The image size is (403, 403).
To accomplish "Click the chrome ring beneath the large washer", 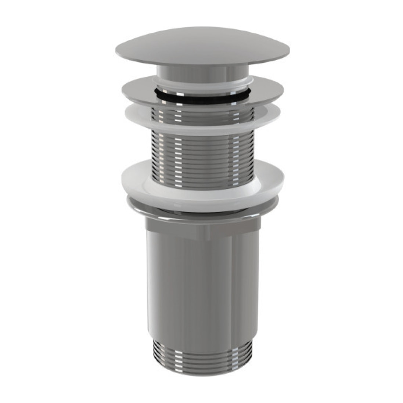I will [x=202, y=209].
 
